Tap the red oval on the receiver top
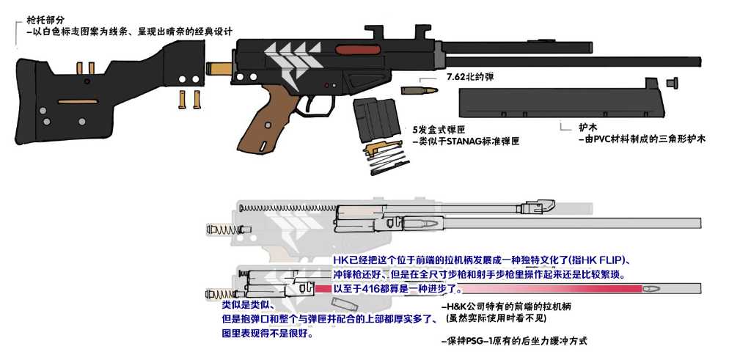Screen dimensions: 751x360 point(358,49)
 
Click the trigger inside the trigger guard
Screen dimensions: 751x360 point(312,101)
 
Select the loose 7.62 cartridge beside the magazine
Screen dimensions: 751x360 point(419,90)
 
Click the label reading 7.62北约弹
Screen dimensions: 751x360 point(470,76)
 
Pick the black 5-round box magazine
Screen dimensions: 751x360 point(377,120)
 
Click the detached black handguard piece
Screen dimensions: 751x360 point(561,101)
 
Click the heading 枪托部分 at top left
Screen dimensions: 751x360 point(45,20)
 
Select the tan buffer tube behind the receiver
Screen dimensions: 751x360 point(219,68)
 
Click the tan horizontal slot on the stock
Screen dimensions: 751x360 point(78,101)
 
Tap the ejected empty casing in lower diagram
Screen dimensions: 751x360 point(342,303)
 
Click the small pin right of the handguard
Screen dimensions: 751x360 point(672,83)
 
